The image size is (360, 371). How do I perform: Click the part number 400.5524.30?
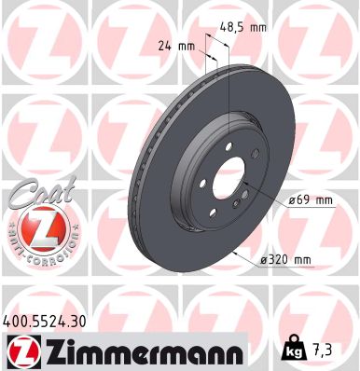point(51,319)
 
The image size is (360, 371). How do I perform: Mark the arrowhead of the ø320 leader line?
point(237,252)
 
